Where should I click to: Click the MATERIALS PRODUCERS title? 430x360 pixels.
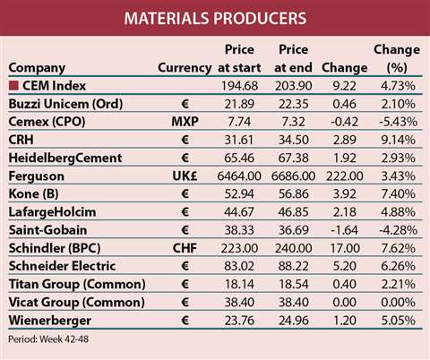tap(214, 17)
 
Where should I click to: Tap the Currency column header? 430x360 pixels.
tap(185, 67)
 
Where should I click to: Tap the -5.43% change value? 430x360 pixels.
tap(393, 121)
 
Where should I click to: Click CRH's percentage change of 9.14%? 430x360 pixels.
tap(394, 139)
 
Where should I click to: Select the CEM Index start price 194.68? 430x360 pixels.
tap(238, 85)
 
